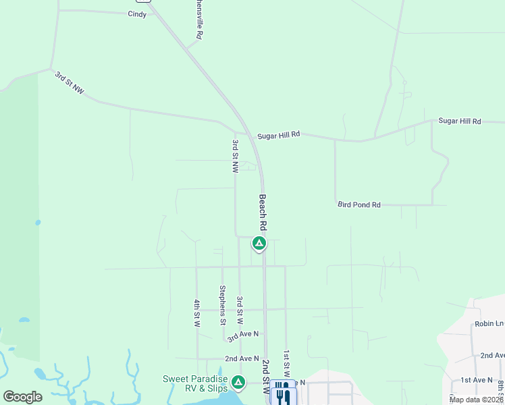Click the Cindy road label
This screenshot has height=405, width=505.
[x=137, y=14]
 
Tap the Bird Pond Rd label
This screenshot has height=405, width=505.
[x=358, y=205]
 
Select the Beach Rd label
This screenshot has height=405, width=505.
[x=263, y=213]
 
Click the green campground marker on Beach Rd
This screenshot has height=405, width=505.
[x=259, y=243]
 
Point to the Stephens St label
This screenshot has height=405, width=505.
[x=222, y=305]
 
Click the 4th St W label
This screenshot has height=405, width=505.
[x=197, y=313]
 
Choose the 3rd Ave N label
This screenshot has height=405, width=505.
[x=243, y=334]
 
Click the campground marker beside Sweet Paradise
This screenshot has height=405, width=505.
[x=238, y=383]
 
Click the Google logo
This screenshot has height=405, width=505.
[x=22, y=397]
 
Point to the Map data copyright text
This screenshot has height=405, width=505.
[x=477, y=400]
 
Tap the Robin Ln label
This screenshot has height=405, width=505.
[x=488, y=324]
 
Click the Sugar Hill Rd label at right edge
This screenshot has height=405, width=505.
[x=459, y=122]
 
